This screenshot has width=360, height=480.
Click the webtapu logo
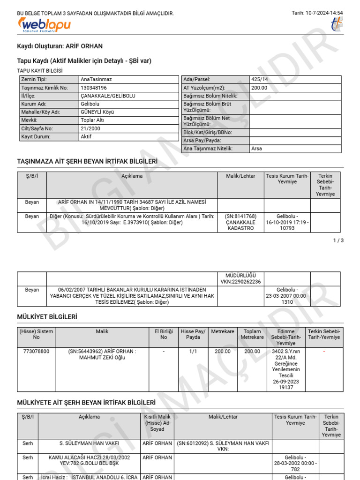pos(44,25)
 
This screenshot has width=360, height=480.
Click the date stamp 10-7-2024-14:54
pos(323,13)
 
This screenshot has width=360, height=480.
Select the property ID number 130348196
pos(94,88)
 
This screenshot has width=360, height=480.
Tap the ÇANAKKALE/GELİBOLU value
pos(108,96)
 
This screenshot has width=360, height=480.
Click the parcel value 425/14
pos(260,80)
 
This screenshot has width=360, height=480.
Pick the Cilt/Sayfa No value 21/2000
pos(90,128)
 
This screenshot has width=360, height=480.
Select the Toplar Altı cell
pos(92,120)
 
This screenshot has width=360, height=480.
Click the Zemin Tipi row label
pos(34,80)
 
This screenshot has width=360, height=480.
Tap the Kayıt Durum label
pos(35,137)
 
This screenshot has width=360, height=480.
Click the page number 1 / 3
pos(338,240)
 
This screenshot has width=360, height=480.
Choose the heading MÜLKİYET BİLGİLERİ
pos(47,317)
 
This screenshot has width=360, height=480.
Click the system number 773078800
pos(36,351)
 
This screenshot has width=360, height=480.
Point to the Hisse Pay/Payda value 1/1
pos(193,351)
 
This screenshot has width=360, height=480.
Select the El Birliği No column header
pos(164,334)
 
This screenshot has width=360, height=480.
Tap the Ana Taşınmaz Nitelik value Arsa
pos(257,149)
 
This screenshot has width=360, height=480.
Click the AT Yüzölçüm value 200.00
pos(259,88)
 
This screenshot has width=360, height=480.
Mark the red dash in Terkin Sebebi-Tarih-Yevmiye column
pos(324,351)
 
